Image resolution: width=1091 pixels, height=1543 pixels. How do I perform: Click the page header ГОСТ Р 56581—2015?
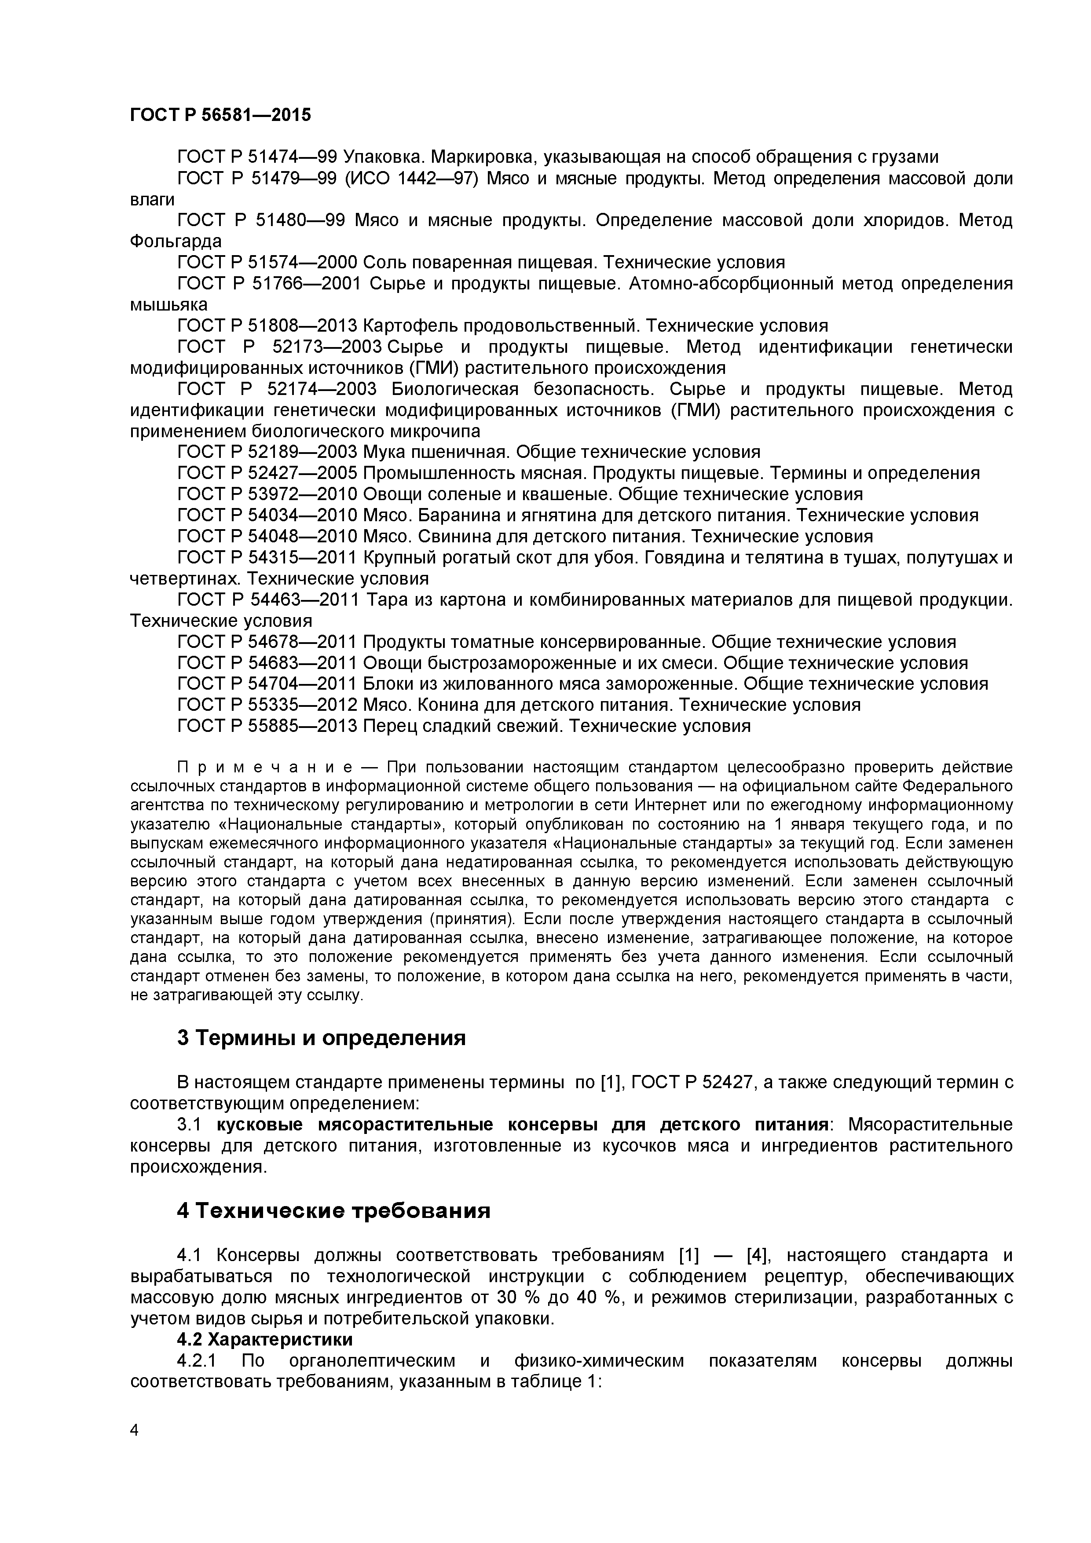220,115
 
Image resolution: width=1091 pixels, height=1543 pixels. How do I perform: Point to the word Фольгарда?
176,241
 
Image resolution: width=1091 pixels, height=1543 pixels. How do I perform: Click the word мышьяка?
169,304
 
